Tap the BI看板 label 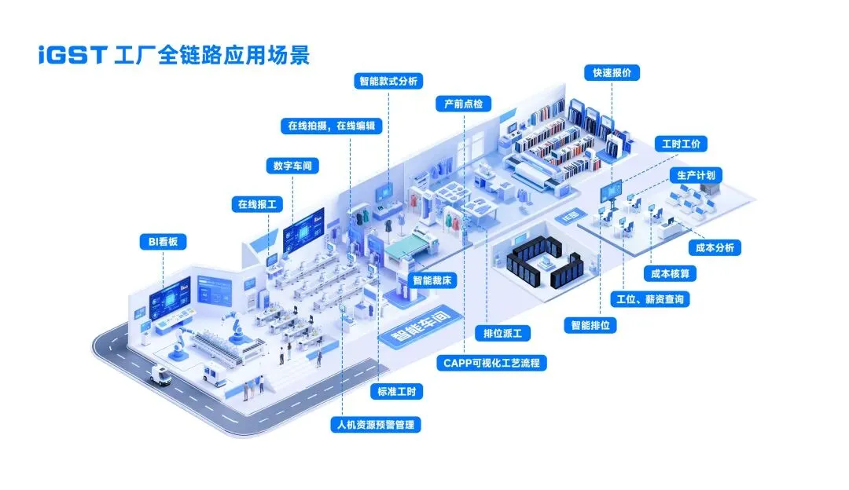coord(163,242)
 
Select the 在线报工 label coord(259,204)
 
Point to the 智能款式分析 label coord(388,81)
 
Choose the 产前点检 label coord(463,104)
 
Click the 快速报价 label coord(612,72)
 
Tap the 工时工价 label coord(681,144)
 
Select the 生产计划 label coord(696,174)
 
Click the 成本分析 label coord(715,247)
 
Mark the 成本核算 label coord(670,273)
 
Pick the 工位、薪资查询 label coord(651,299)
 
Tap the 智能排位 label coord(590,324)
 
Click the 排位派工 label coord(507,333)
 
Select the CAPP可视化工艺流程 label coord(491,363)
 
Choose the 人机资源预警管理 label coord(376,425)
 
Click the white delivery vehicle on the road coord(160,376)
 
